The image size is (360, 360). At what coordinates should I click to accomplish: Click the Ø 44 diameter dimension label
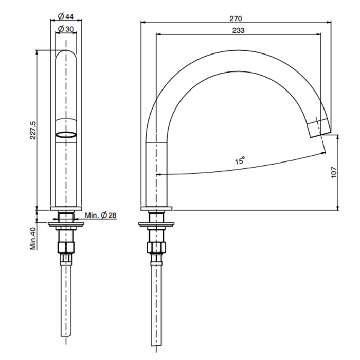[x=66, y=16]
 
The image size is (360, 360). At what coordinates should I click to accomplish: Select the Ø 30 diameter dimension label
[x=66, y=29]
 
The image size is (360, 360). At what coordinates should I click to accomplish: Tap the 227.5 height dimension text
[x=33, y=130]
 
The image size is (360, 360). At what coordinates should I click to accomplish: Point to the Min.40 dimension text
[x=33, y=239]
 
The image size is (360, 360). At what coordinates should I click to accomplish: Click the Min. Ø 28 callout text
[x=101, y=215]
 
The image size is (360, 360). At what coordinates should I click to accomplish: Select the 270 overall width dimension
[x=236, y=19]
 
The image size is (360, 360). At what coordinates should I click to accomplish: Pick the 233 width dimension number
[x=238, y=30]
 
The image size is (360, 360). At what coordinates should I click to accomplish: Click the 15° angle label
[x=240, y=160]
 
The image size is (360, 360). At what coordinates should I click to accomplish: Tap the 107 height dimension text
[x=334, y=172]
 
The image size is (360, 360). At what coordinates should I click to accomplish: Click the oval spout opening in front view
[x=66, y=135]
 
